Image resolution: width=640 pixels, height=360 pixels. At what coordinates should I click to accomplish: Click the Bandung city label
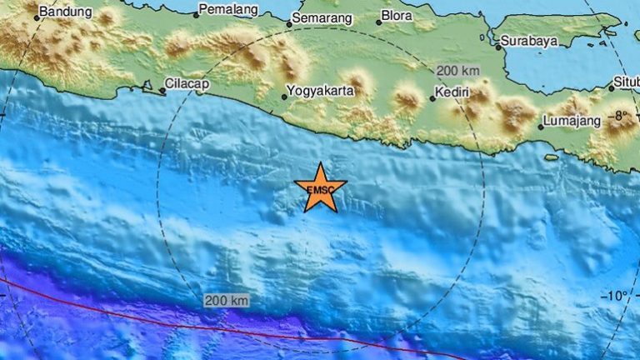click(67, 13)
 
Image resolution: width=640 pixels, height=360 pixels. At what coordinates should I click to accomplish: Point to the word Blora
click(397, 16)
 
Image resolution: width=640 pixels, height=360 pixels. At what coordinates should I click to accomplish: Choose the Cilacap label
click(187, 84)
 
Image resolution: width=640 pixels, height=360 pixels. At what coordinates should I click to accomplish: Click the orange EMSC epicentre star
click(320, 188)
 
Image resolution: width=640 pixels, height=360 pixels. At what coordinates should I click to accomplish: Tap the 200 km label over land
click(459, 70)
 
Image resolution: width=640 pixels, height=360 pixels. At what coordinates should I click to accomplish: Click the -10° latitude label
click(617, 295)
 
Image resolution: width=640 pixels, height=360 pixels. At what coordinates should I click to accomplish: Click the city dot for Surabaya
click(498, 47)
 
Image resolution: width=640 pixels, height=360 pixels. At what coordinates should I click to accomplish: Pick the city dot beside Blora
click(378, 22)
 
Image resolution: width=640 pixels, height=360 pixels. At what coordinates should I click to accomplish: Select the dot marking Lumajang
click(540, 127)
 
